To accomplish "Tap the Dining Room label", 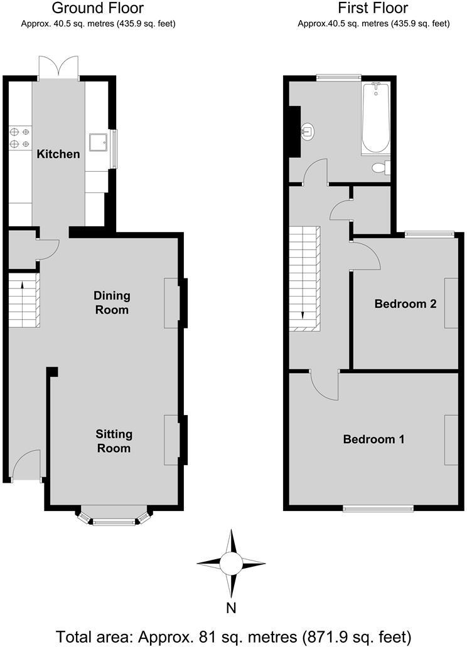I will (111, 302).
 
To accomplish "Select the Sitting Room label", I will (114, 441).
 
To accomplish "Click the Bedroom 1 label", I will (373, 439).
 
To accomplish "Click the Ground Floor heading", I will (97, 8).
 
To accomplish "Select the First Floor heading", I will (373, 8).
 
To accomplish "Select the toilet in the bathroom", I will (380, 167).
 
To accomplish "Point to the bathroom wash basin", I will (308, 132).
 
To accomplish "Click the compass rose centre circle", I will (231, 563).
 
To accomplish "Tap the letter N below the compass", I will (231, 607).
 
